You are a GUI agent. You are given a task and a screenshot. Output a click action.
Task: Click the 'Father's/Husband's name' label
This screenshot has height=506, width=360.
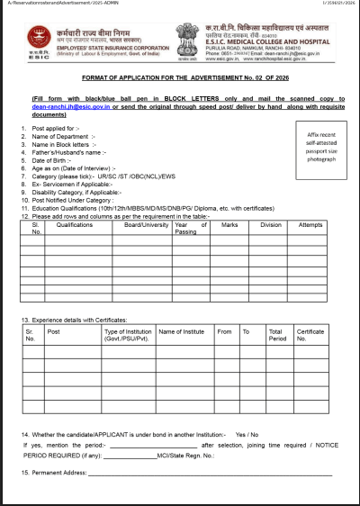(x=67, y=153)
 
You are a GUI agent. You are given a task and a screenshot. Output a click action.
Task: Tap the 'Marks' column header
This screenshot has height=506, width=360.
(x=229, y=225)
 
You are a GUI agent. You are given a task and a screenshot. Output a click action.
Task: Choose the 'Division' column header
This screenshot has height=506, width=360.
(x=270, y=225)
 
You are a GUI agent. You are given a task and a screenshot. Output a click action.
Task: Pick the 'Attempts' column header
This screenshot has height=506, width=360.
(x=310, y=225)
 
